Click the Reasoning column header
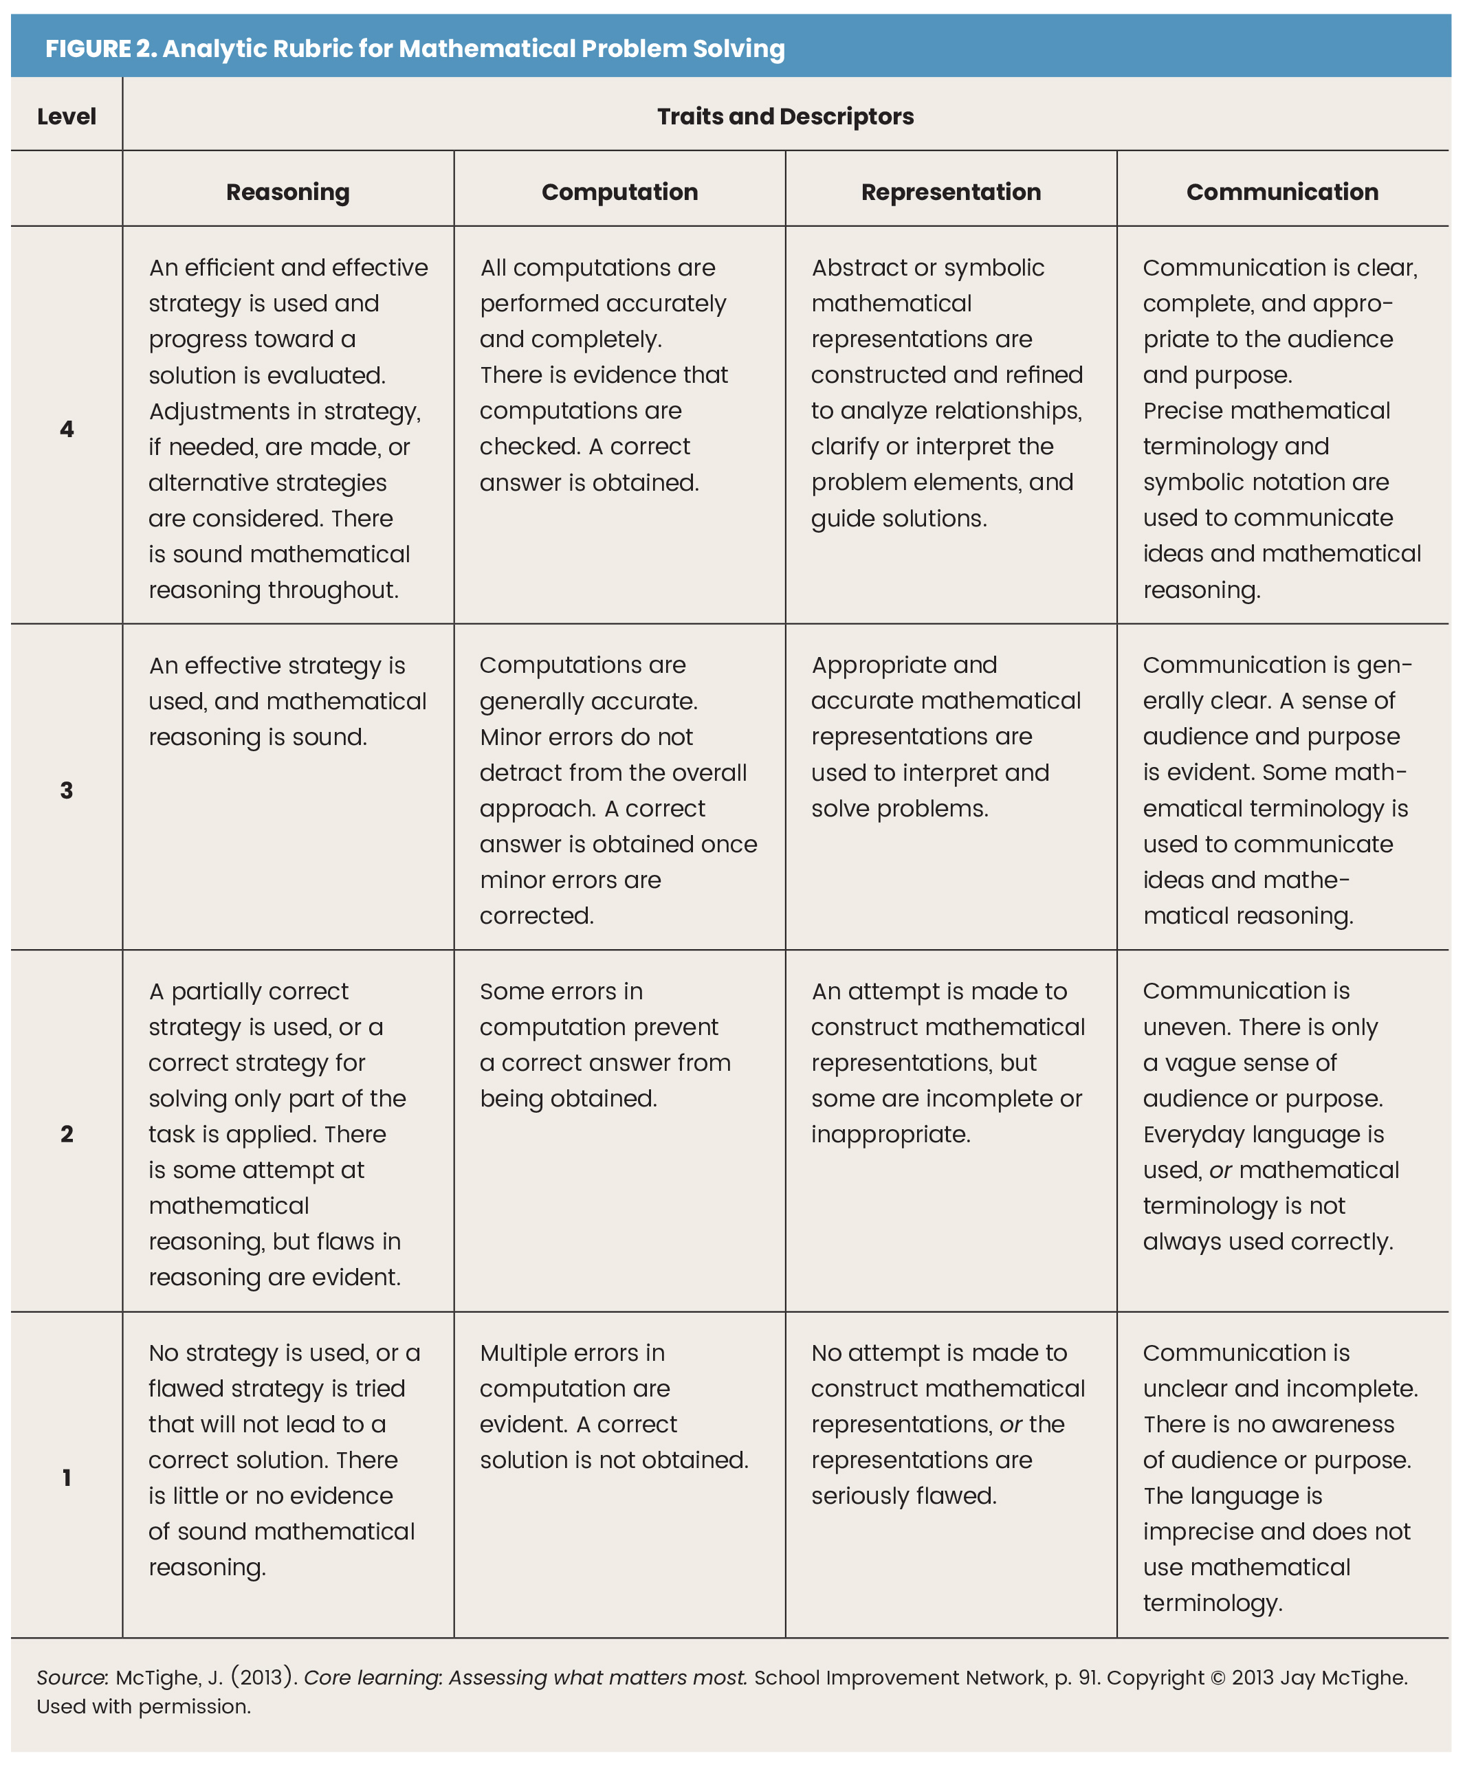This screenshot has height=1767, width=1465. pyautogui.click(x=288, y=192)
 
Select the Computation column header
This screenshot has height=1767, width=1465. pyautogui.click(x=619, y=192)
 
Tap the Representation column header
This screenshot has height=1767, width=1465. pyautogui.click(x=951, y=192)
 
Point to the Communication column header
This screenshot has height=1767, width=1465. pyautogui.click(x=1281, y=192)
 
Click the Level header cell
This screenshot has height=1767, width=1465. pyautogui.click(x=67, y=116)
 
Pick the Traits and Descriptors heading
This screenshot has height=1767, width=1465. pyautogui.click(x=785, y=116)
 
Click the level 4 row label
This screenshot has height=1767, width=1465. pyautogui.click(x=67, y=429)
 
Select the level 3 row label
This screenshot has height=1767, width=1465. pyautogui.click(x=67, y=790)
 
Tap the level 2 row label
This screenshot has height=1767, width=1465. pyautogui.click(x=67, y=1133)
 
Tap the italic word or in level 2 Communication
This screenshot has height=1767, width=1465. pyautogui.click(x=1220, y=1170)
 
